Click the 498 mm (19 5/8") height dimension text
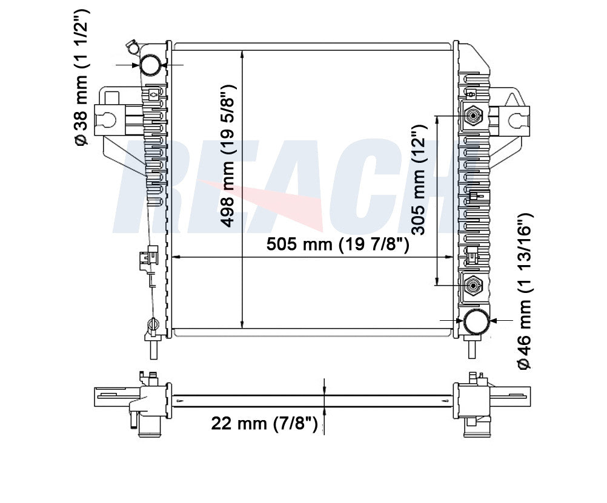pos(228,156)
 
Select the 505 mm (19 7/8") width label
pos(337,244)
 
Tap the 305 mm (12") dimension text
pos(419,180)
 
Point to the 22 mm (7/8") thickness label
pos(264,423)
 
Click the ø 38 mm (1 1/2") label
pos(82,77)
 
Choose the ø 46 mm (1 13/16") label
pos(525,291)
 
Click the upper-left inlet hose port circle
pos(150,64)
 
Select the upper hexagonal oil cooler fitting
pos(473,115)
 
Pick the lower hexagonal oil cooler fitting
pos(473,286)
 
